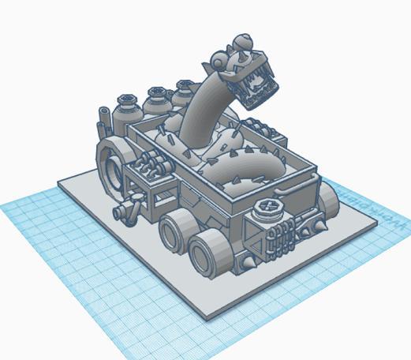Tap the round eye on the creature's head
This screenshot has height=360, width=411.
(245, 54)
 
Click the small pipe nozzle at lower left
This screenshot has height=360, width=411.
(123, 212)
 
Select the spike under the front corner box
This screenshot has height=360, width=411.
(251, 260)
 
